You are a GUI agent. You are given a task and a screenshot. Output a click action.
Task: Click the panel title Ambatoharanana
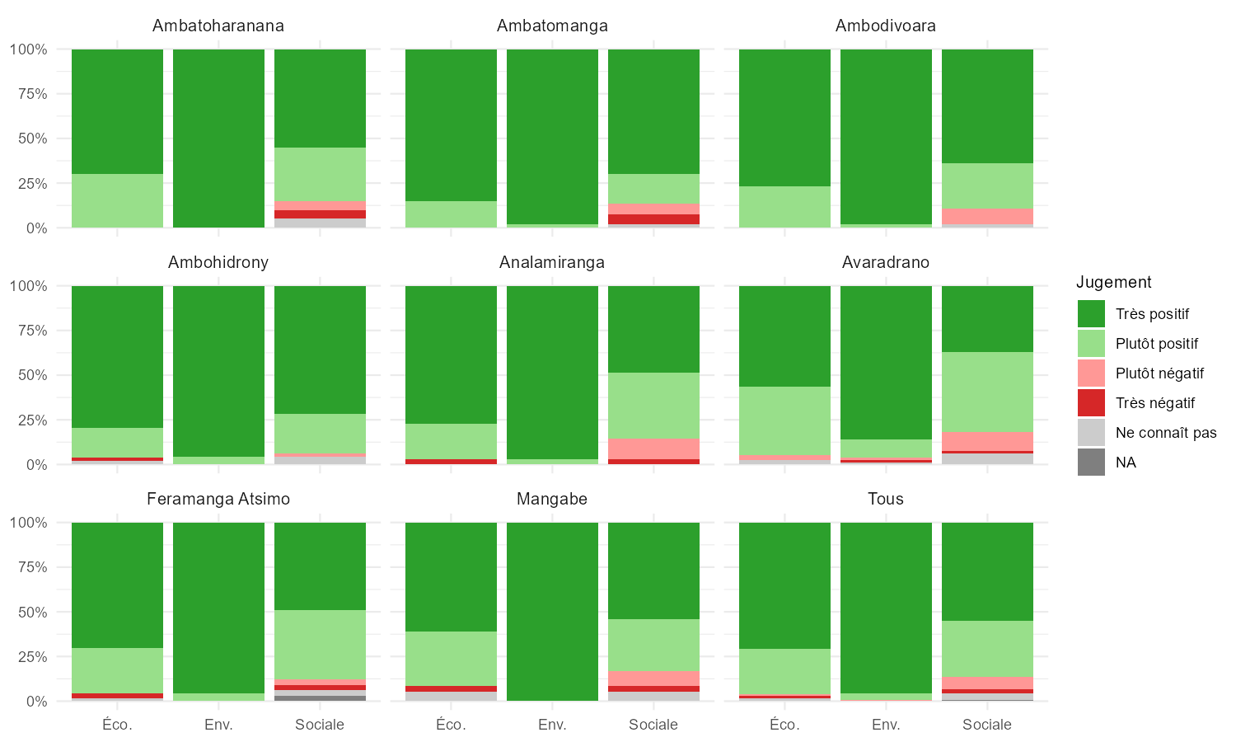pos(218,26)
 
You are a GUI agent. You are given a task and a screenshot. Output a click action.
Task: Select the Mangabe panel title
pos(552,499)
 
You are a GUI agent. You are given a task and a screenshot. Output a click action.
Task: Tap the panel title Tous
pos(886,499)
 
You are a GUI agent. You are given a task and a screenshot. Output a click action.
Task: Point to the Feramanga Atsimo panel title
pos(218,499)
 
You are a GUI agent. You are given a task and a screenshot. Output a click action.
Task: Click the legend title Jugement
pos(1114,282)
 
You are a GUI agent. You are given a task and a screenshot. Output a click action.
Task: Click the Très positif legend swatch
pos(1091,314)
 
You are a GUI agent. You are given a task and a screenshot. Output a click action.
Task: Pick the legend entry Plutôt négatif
pos(1159,373)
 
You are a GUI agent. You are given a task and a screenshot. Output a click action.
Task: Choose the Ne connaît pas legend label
pos(1166,433)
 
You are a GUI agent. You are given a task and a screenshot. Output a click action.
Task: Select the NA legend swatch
pos(1091,463)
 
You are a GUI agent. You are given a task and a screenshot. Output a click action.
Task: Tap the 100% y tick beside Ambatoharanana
pos(28,49)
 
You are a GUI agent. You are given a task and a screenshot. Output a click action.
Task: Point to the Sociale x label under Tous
pos(987,725)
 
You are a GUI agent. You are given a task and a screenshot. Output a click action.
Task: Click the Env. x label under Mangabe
pos(552,725)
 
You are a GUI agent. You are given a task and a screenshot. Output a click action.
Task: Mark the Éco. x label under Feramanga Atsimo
pos(117,725)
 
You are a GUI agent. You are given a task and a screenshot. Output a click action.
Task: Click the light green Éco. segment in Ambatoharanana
pos(117,200)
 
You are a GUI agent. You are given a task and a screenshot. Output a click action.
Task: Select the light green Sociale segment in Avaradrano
pos(987,392)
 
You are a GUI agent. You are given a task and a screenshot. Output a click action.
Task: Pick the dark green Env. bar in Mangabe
pos(552,612)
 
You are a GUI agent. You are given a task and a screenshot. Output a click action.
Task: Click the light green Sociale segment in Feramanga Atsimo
pos(320,645)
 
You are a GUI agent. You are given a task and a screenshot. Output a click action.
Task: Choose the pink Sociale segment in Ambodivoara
pos(987,216)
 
